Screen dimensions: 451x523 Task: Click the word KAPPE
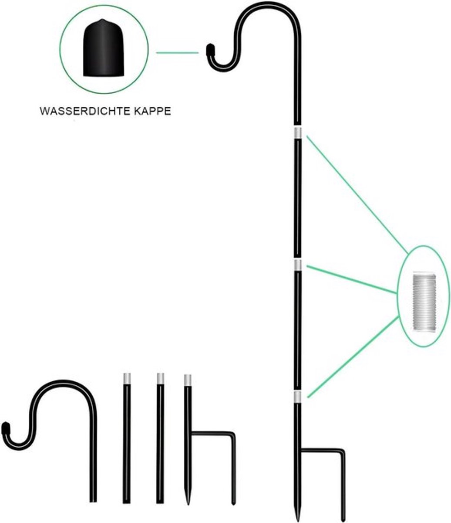click(x=152, y=111)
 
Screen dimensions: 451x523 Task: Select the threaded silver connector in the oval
click(x=424, y=302)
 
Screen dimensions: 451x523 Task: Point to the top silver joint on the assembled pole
click(x=298, y=132)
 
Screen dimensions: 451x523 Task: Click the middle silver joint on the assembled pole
click(x=298, y=265)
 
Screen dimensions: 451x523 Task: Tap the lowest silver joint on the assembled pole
click(x=298, y=397)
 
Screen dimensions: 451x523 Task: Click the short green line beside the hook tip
click(x=178, y=53)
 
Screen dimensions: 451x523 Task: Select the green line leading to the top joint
click(x=357, y=195)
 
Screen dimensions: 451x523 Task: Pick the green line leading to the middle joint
click(x=351, y=279)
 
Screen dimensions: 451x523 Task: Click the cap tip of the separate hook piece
click(x=5, y=428)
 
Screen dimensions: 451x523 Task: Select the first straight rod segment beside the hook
click(x=127, y=440)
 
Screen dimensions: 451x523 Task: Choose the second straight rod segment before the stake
click(x=160, y=440)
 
